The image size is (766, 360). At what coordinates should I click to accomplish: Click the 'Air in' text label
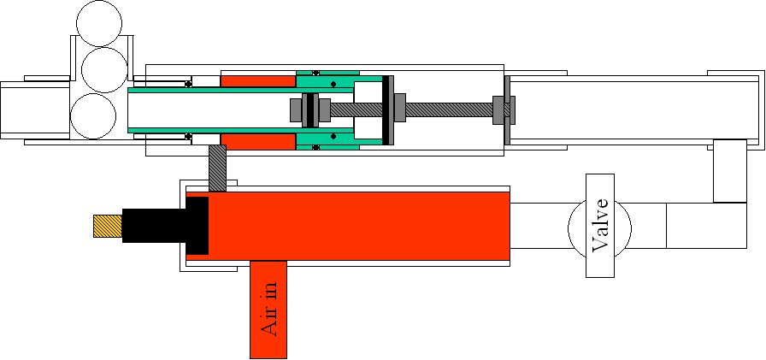coord(268,310)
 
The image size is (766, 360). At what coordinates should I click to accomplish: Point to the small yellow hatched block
coord(107,226)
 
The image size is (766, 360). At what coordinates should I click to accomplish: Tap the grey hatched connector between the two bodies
coord(217,168)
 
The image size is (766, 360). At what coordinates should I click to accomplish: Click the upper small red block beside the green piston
coord(258,80)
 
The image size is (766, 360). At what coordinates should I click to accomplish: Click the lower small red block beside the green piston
coord(258,140)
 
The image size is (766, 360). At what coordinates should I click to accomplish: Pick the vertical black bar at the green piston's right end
coord(387,109)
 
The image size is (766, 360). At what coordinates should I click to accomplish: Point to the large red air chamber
coord(359,226)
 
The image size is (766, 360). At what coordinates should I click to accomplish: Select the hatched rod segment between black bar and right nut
coord(448,109)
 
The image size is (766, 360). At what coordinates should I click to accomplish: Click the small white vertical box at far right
coord(730,171)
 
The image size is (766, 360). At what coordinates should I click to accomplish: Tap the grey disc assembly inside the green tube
coord(309,109)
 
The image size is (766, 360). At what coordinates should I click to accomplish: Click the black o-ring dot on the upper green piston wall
coord(315,73)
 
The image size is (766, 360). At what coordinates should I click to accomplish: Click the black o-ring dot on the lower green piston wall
coord(315,147)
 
